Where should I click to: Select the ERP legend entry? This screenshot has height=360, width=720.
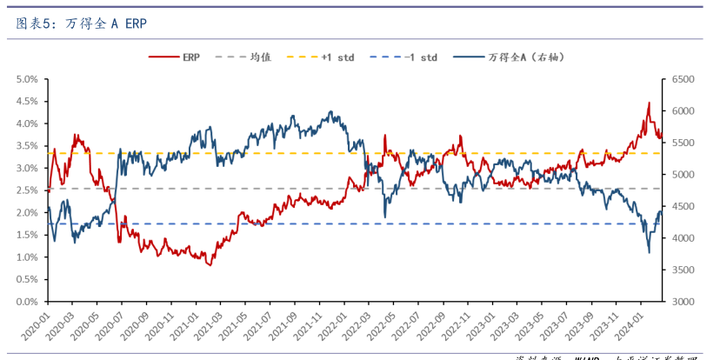click(x=190, y=57)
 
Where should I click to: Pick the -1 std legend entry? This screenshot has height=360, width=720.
click(x=421, y=57)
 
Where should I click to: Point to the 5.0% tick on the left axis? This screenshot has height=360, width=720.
click(x=26, y=79)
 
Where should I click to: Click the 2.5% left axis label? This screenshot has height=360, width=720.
click(x=26, y=190)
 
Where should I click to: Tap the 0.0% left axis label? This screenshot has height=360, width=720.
click(x=26, y=302)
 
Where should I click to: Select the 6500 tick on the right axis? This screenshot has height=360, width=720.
click(x=680, y=79)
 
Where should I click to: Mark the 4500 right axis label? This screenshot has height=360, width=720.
click(x=680, y=207)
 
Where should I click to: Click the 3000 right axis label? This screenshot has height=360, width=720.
click(x=680, y=302)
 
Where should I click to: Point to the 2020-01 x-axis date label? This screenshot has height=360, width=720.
click(x=35, y=329)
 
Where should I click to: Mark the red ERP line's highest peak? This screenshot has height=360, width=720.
click(x=648, y=103)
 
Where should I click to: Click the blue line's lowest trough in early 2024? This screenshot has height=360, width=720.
click(x=649, y=253)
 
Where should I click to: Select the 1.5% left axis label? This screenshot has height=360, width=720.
click(x=26, y=235)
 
